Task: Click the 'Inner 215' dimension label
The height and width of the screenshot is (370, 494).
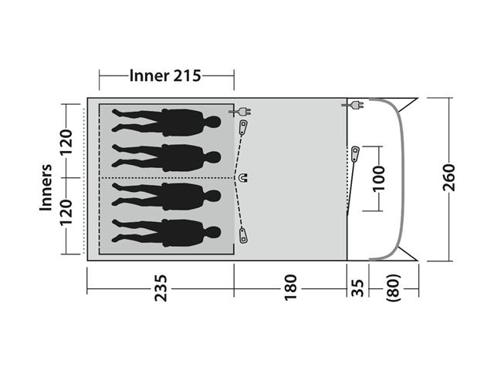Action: click(x=165, y=76)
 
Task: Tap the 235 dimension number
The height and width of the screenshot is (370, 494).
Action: click(x=161, y=288)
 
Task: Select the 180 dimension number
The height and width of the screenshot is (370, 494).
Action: click(x=290, y=288)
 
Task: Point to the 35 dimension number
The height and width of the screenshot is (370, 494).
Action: click(x=357, y=288)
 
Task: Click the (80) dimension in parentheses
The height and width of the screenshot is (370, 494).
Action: click(x=394, y=288)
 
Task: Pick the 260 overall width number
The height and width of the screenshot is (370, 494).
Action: click(x=449, y=177)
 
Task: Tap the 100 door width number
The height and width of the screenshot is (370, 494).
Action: click(x=379, y=178)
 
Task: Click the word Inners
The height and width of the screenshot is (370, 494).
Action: click(x=46, y=187)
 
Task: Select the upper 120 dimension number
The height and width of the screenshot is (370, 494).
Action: click(x=66, y=142)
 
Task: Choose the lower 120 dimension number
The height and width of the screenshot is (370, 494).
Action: click(x=66, y=213)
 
